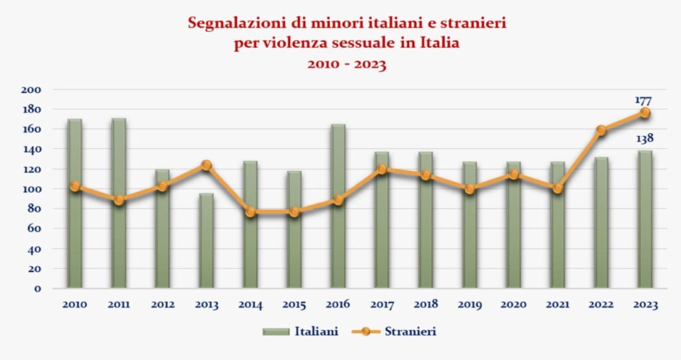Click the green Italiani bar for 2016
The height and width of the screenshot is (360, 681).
tap(337, 206)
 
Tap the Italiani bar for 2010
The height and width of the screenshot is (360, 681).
tap(74, 203)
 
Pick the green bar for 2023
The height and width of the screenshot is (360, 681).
tap(644, 220)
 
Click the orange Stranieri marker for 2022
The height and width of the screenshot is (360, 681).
tap(601, 130)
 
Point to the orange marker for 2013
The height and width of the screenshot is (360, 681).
tap(206, 165)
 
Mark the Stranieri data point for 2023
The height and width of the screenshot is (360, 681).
tap(644, 113)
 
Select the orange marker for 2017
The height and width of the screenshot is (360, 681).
tap(382, 169)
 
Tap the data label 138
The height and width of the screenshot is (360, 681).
tap(644, 138)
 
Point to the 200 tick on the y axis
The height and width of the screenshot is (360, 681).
tap(32, 90)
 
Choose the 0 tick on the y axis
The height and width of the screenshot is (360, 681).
tap(39, 289)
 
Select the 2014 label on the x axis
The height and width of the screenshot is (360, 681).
tap(250, 305)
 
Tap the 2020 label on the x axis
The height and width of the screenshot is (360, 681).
tap(513, 305)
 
